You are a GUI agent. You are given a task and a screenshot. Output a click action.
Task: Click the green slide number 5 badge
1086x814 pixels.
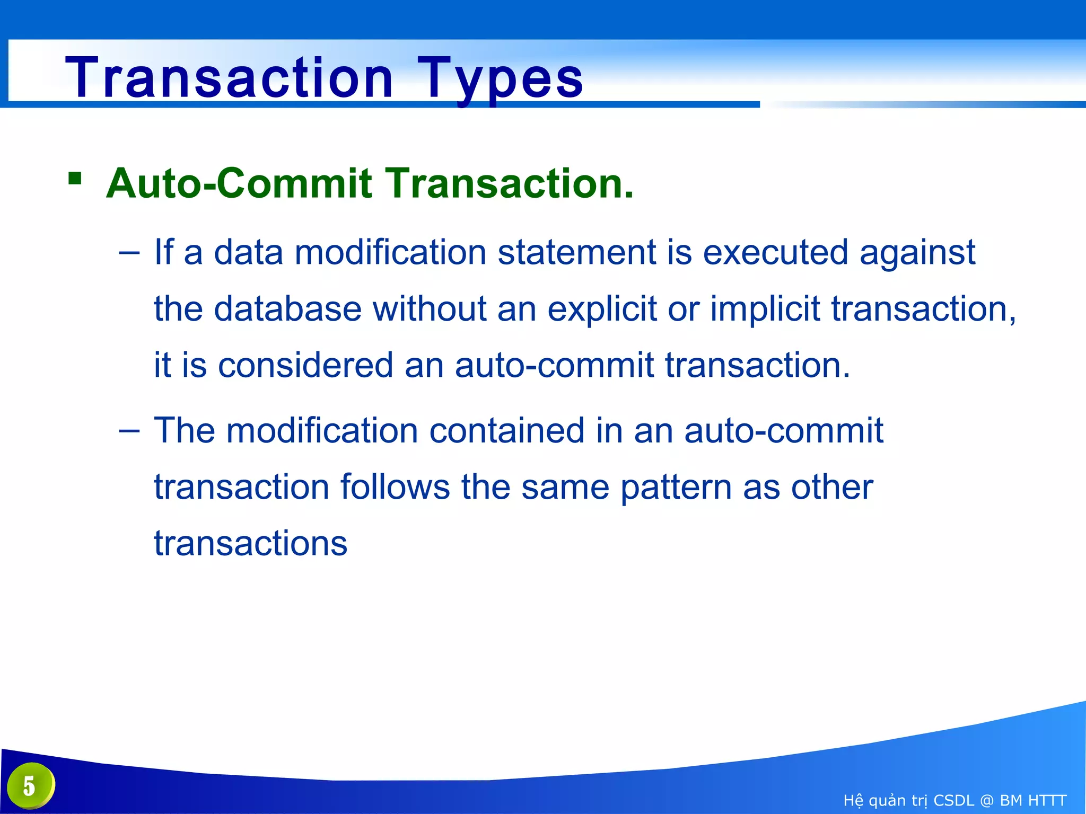point(31,785)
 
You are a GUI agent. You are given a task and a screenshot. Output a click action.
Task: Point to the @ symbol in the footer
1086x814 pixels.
point(987,800)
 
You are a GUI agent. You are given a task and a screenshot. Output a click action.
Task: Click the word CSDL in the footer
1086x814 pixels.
point(953,800)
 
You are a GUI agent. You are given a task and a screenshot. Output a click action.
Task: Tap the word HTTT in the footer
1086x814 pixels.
point(1046,800)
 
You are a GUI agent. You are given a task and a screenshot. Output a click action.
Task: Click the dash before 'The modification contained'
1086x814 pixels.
point(129,430)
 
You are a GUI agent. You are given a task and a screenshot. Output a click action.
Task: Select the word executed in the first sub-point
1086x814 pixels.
point(775,252)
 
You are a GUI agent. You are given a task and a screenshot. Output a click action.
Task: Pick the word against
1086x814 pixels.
point(917,253)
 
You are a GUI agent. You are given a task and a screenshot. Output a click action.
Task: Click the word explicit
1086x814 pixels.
point(602,309)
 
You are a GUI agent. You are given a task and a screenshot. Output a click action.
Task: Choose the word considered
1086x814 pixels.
point(305,366)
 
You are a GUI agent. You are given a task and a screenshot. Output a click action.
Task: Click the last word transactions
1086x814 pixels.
point(250,544)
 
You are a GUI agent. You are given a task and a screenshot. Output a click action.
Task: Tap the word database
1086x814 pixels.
point(287,308)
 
